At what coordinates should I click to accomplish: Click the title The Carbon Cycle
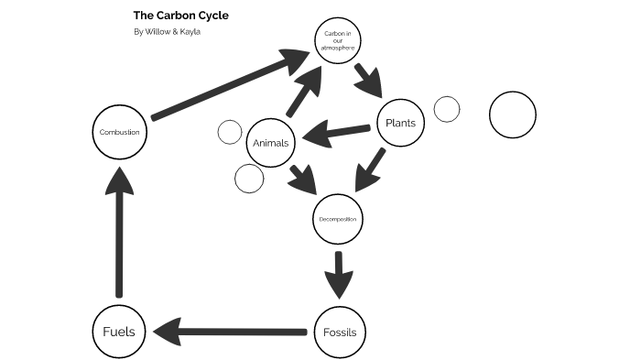pos(181,16)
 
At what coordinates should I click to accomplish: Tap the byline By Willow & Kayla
pos(167,32)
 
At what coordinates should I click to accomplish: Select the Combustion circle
pos(120,132)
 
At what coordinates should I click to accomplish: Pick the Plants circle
pos(400,123)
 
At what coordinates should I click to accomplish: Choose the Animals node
pos(270,143)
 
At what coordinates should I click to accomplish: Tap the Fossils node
pos(340,331)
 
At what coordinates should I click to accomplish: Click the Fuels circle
pos(119,331)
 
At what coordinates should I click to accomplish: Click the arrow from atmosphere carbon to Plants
pos(370,80)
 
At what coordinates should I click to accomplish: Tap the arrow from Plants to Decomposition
pos(371,170)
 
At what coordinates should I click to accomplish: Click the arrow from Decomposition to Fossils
pos(339,272)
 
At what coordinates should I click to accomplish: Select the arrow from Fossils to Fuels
pos(229,331)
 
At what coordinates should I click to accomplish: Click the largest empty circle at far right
pos(513,116)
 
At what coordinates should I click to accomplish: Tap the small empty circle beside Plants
pos(446,109)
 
